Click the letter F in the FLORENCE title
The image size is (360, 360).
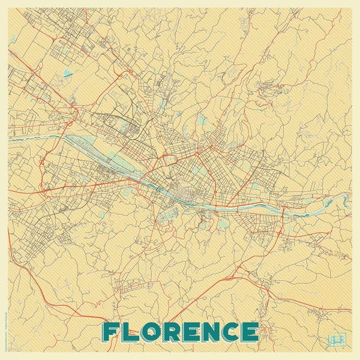click(x=112, y=331)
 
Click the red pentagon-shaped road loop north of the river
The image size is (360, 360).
click(x=167, y=161)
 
